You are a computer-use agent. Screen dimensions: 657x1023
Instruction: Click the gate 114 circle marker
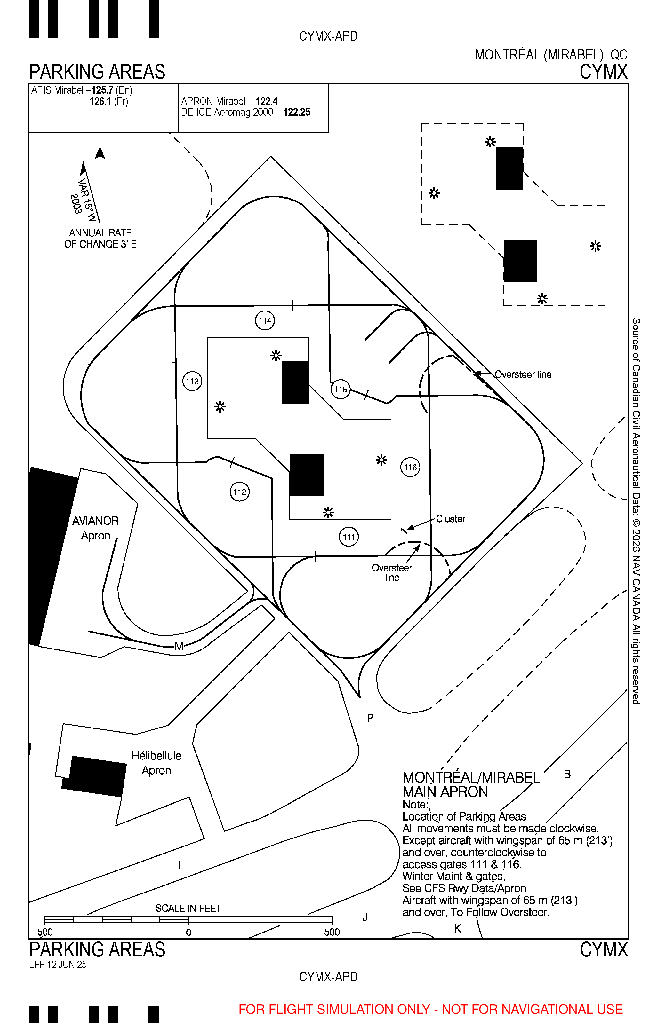click(x=265, y=320)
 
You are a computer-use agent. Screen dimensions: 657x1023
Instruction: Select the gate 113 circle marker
click(x=192, y=381)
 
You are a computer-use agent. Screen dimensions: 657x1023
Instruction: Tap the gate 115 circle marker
click(x=341, y=389)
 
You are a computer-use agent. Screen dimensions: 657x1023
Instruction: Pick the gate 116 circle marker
click(x=410, y=467)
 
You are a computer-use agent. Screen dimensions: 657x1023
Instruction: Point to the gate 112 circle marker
click(x=240, y=492)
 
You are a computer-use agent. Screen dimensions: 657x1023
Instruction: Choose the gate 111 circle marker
click(x=349, y=537)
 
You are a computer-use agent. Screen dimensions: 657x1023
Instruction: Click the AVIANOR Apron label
click(x=96, y=528)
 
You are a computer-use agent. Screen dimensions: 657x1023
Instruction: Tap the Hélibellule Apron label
click(x=156, y=763)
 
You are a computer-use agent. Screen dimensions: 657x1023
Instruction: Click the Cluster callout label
click(x=451, y=519)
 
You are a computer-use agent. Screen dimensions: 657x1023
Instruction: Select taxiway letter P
click(x=370, y=718)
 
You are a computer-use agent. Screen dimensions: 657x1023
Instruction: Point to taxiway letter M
click(x=179, y=646)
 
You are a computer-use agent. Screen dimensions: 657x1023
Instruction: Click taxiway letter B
click(x=567, y=774)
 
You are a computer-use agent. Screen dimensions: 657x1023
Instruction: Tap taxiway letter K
click(x=458, y=928)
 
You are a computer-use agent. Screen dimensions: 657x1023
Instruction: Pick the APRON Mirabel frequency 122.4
click(x=267, y=101)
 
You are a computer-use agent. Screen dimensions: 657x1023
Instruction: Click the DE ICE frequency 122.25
click(x=297, y=113)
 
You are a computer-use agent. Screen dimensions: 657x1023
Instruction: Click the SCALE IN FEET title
click(x=188, y=908)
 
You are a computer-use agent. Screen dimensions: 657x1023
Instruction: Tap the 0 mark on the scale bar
click(x=188, y=932)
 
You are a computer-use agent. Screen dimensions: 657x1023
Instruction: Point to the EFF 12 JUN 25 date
click(x=58, y=964)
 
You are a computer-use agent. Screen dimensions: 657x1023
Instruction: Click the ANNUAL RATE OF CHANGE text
click(x=100, y=239)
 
